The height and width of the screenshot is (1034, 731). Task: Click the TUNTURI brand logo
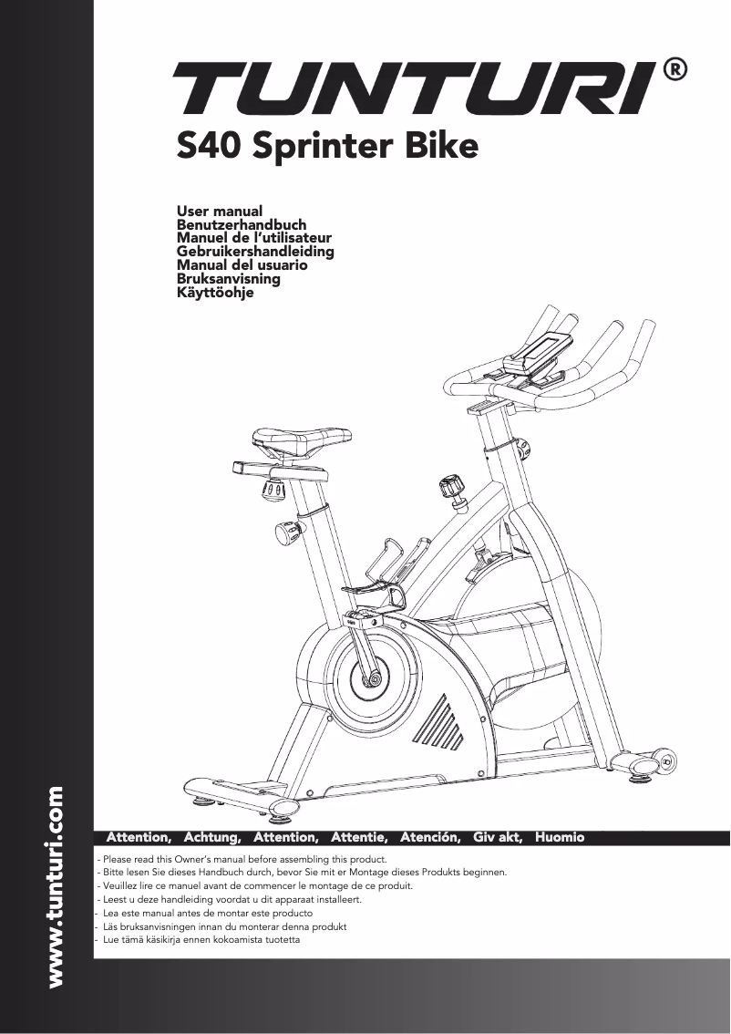(x=415, y=89)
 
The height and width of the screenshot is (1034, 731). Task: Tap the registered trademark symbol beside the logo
(x=674, y=70)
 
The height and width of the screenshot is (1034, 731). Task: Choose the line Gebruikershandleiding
(x=254, y=252)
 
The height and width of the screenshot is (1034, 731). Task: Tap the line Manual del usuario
(x=242, y=265)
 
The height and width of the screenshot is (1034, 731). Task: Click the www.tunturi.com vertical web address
(x=56, y=886)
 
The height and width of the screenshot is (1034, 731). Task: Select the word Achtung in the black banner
(x=211, y=836)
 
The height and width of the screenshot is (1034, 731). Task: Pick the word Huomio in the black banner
(x=560, y=836)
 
